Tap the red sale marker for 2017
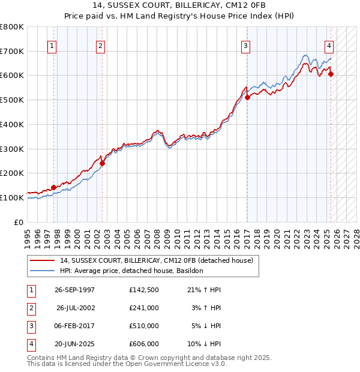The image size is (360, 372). tap(247, 97)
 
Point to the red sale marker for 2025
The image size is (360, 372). tap(331, 74)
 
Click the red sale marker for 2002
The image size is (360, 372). tap(102, 163)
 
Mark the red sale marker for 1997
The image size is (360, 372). tap(54, 187)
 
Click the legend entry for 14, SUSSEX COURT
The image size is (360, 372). tap(157, 261)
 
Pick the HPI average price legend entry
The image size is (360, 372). tap(131, 271)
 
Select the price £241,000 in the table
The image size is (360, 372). tap(144, 308)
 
